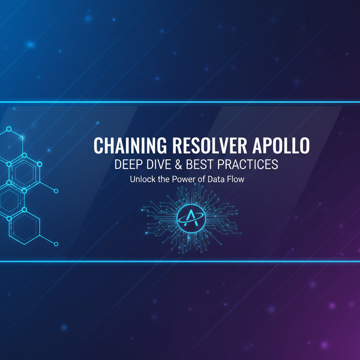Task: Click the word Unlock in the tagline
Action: click(141, 179)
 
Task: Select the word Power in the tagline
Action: click(182, 179)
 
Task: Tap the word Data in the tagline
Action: click(217, 179)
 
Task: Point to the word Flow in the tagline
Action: click(237, 179)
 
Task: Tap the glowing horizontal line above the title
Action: click(180, 102)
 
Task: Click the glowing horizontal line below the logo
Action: click(180, 261)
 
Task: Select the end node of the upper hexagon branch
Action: click(56, 191)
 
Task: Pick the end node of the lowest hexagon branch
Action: click(56, 244)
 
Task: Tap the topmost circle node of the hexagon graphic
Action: click(9, 129)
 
